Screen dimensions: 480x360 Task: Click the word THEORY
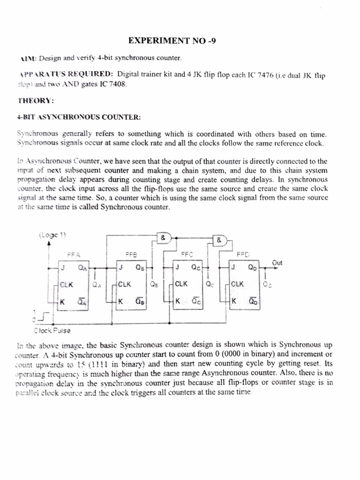(x=35, y=100)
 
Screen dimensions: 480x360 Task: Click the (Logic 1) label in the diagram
(x=49, y=235)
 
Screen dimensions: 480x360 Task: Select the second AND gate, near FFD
(x=219, y=240)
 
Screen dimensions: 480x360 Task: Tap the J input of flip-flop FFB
(x=121, y=268)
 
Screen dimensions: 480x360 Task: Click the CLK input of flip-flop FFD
(x=237, y=284)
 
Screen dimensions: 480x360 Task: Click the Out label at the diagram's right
(x=277, y=263)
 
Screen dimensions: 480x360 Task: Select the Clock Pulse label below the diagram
(x=52, y=330)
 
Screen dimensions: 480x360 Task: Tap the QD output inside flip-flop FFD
(x=252, y=268)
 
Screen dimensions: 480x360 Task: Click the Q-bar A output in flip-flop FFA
(x=82, y=302)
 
